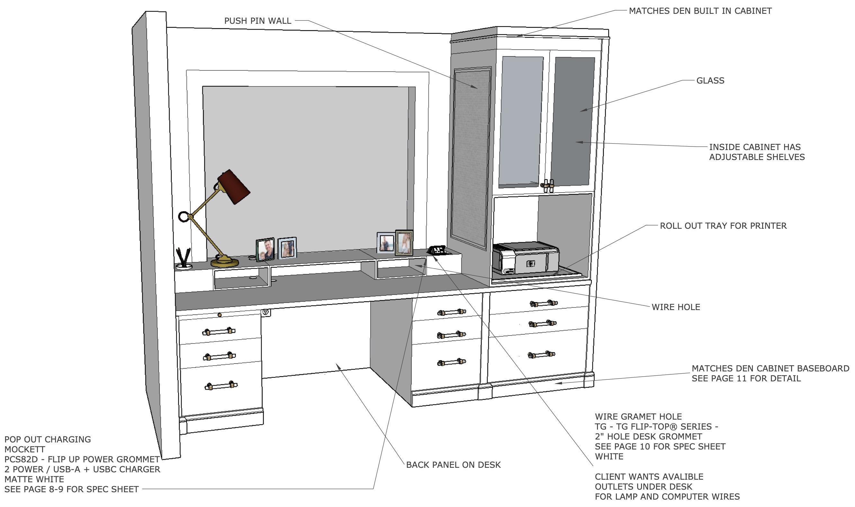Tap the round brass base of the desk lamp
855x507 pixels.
point(224,262)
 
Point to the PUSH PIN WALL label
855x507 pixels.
point(258,21)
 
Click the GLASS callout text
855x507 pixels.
point(710,81)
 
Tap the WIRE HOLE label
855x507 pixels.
point(675,307)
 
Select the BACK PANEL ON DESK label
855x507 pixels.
point(453,465)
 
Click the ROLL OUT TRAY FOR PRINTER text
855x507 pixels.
point(723,226)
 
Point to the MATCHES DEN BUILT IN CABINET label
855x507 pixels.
point(700,11)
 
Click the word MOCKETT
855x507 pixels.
point(25,449)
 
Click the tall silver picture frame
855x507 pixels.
point(404,243)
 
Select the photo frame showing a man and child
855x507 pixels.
point(265,249)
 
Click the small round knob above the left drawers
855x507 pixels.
point(220,315)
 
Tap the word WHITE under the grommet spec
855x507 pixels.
point(609,457)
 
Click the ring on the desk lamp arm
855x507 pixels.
point(183,217)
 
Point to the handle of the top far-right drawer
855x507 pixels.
point(543,303)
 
